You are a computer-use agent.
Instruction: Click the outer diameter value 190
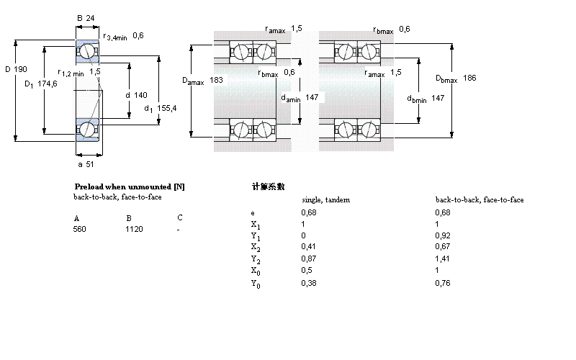click(22, 69)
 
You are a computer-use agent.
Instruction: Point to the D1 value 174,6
click(48, 84)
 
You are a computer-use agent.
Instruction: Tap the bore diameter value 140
click(140, 95)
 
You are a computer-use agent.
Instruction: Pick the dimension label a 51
click(87, 164)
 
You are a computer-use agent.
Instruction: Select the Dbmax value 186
click(469, 78)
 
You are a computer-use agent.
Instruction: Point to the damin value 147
click(312, 97)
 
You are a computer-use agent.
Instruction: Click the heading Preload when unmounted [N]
click(130, 186)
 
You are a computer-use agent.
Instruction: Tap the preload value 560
click(79, 229)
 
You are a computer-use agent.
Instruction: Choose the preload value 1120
click(135, 229)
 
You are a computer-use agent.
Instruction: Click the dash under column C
click(178, 229)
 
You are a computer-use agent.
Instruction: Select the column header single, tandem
click(325, 200)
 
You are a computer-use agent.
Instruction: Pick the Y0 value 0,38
click(307, 283)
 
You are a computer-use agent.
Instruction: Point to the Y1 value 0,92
click(443, 235)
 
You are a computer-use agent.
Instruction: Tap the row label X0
click(255, 271)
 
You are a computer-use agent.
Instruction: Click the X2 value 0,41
click(307, 246)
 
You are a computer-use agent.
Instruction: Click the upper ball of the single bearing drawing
click(87, 52)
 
